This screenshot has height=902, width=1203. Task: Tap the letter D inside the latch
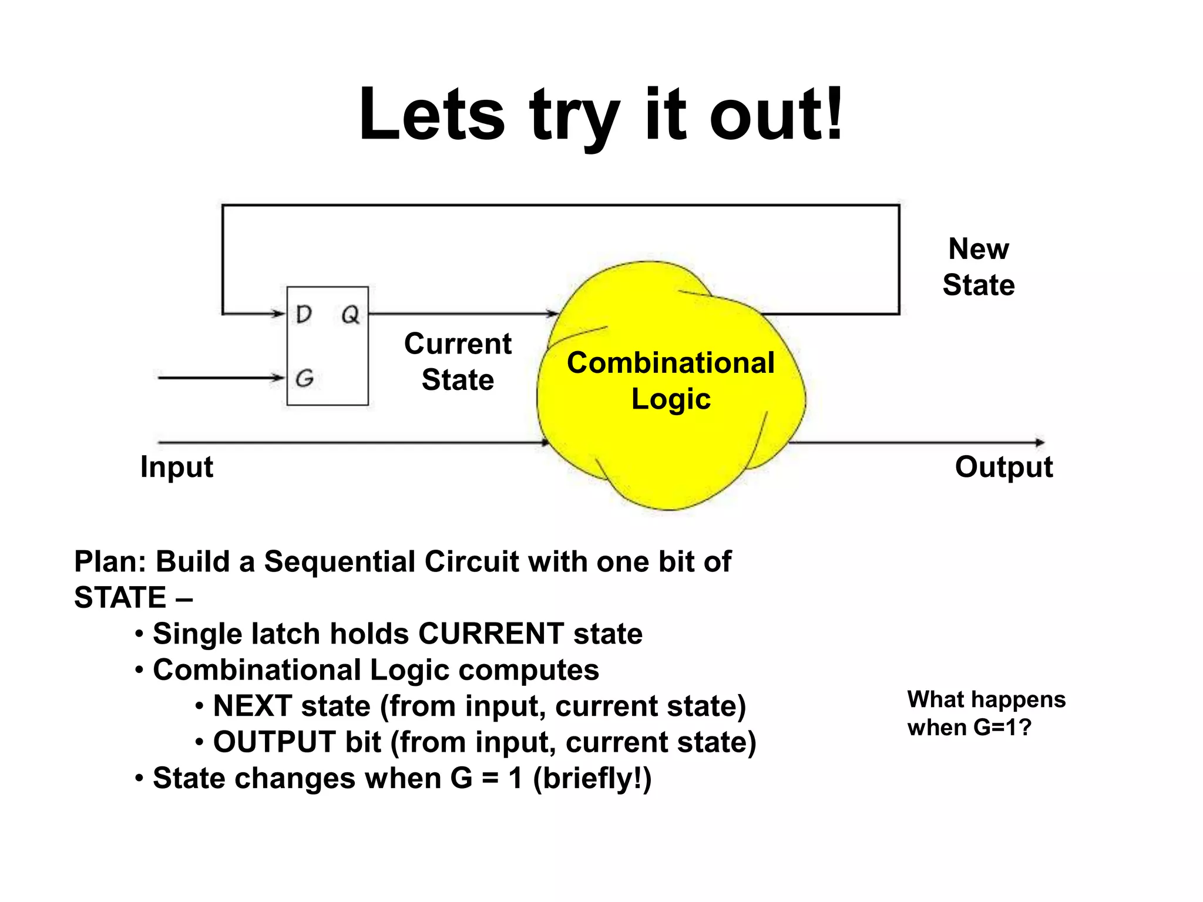click(304, 315)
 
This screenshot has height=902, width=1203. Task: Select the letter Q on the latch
click(350, 315)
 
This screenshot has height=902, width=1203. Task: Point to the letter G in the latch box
click(304, 378)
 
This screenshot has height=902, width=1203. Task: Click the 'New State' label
click(979, 267)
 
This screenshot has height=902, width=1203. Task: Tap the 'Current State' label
click(458, 361)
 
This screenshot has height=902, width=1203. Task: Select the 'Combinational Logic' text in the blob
click(671, 381)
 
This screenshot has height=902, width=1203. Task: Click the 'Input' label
click(176, 467)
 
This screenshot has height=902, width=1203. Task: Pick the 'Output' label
click(1004, 467)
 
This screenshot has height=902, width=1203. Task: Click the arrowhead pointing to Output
click(1040, 442)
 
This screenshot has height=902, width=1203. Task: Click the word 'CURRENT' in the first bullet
click(491, 634)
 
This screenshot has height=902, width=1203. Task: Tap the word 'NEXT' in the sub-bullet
click(253, 706)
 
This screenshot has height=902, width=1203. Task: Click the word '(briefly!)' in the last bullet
click(592, 779)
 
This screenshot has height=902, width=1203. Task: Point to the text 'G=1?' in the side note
click(1002, 728)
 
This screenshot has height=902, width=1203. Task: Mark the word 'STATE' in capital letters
click(120, 598)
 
